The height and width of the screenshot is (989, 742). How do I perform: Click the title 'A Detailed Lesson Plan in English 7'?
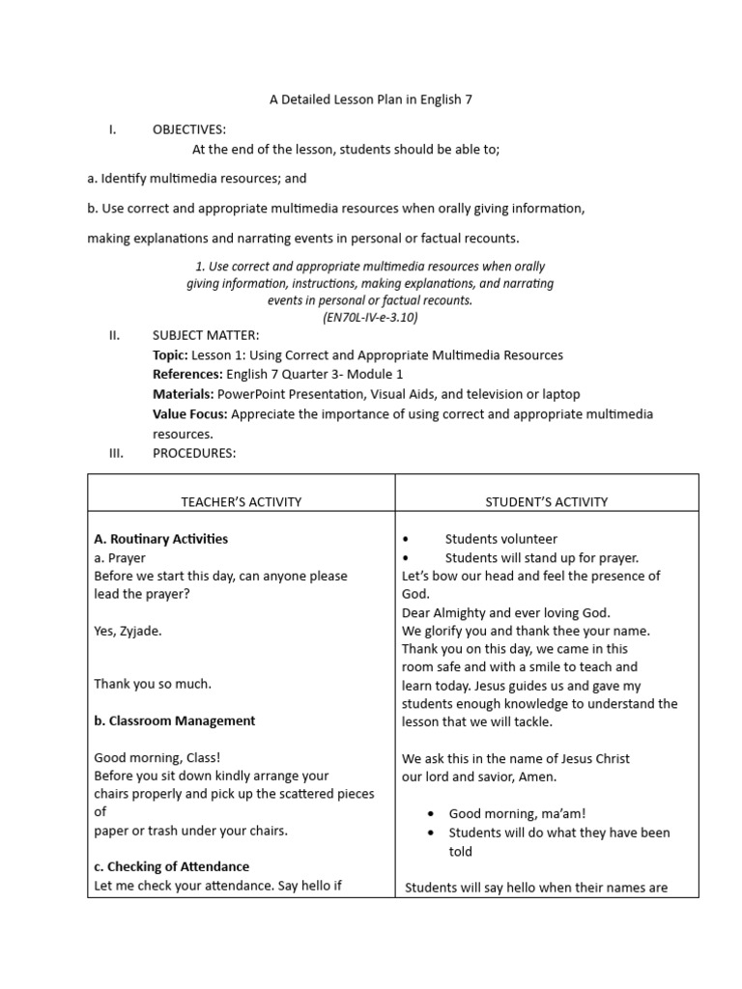[370, 99]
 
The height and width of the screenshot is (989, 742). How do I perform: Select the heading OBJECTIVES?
[189, 129]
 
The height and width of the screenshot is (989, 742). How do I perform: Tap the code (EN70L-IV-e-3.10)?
[370, 317]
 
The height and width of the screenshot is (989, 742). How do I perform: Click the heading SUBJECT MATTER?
[206, 335]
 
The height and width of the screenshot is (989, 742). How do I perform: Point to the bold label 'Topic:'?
[171, 355]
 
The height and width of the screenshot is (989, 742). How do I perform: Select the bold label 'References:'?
[187, 375]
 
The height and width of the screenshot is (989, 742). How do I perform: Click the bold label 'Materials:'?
[183, 394]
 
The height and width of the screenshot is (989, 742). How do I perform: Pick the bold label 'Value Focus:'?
[190, 414]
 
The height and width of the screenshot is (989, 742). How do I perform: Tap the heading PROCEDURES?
[194, 453]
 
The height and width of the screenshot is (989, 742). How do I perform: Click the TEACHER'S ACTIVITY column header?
[242, 501]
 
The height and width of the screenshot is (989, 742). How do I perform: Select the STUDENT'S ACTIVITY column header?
[546, 501]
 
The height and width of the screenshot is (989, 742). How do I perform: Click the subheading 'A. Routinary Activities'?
[161, 539]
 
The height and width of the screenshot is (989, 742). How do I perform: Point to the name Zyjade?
[140, 631]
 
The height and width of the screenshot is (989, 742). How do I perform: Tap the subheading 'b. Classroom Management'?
[175, 721]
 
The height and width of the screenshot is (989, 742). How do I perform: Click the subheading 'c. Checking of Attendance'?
[171, 866]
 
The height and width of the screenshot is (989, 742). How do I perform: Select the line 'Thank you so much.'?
[153, 684]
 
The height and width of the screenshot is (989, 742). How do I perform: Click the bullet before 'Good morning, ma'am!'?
[430, 814]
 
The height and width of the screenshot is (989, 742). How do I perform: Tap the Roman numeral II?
[114, 335]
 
